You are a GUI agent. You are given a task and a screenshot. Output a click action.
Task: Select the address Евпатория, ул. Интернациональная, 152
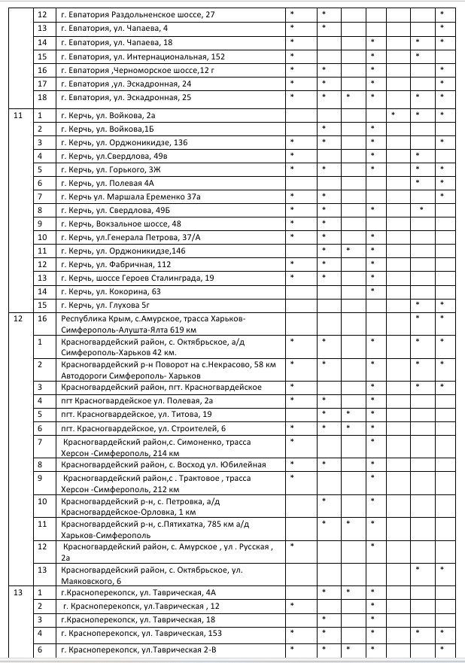pyautogui.click(x=142, y=56)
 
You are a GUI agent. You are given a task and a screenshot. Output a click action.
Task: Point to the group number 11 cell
pyautogui.click(x=18, y=116)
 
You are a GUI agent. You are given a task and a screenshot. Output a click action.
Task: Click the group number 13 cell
pyautogui.click(x=18, y=593)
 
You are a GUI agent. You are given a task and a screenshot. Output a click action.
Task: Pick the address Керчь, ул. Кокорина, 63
pyautogui.click(x=111, y=291)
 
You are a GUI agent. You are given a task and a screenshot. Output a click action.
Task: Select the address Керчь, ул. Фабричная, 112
pyautogui.click(x=116, y=264)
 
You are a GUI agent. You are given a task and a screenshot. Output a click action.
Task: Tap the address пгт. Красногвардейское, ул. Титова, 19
pyautogui.click(x=136, y=415)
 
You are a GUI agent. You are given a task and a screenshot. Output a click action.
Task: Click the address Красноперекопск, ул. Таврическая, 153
pyautogui.click(x=137, y=634)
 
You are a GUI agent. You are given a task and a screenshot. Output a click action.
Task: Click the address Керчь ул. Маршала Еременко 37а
pyautogui.click(x=128, y=196)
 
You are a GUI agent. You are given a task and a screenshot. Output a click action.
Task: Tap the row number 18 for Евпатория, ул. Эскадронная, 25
pyautogui.click(x=42, y=97)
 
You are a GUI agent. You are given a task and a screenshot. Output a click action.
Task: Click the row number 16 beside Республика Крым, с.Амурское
pyautogui.click(x=42, y=319)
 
